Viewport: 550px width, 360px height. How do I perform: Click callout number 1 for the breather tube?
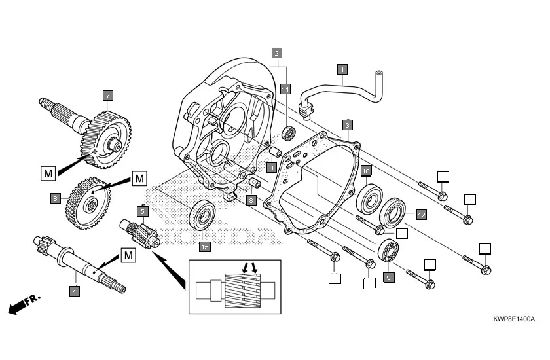tap(342, 68)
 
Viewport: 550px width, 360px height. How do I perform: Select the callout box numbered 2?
tap(278, 52)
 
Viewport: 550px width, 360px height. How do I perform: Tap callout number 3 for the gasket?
tap(348, 124)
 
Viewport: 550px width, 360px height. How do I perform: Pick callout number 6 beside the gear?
tap(56, 196)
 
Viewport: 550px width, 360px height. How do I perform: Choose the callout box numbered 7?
tap(107, 95)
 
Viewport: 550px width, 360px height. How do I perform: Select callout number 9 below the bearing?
tap(388, 278)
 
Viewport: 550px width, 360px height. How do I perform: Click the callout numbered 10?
tap(366, 171)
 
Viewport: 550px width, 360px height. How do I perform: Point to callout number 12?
tap(421, 214)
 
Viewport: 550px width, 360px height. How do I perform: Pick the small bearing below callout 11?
tap(289, 134)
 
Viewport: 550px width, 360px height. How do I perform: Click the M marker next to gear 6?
tap(139, 177)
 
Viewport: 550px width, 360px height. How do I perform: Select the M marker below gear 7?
tap(48, 173)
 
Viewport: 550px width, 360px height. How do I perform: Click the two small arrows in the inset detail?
tap(250, 267)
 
